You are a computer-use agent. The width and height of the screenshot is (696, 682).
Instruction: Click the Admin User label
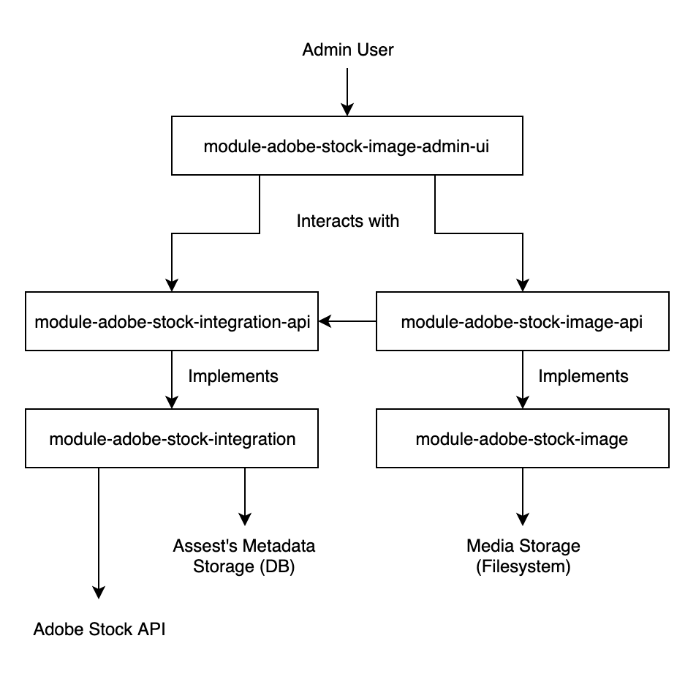click(348, 50)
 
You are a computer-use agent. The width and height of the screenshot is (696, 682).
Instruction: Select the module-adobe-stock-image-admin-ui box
click(347, 146)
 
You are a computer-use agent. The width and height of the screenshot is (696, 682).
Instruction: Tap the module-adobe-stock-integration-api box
click(171, 321)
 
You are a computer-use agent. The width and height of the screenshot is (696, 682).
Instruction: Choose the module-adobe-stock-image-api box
click(522, 321)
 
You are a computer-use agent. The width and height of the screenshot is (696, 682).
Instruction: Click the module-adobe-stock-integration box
click(171, 438)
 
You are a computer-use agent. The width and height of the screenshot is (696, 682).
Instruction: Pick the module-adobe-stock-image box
click(522, 438)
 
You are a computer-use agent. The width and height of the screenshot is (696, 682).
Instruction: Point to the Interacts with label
click(348, 220)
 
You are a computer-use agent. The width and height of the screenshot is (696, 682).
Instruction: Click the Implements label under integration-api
click(233, 376)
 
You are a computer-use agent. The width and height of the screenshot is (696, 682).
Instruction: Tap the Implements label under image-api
click(583, 376)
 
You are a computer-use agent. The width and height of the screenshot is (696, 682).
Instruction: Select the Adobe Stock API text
click(99, 629)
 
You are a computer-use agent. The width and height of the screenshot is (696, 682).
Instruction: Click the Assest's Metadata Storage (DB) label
click(244, 556)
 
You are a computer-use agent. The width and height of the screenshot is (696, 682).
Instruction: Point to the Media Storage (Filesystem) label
click(523, 556)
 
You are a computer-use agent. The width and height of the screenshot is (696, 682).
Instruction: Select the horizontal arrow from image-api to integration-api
click(347, 321)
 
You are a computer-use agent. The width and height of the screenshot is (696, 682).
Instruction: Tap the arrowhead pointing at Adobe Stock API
click(99, 591)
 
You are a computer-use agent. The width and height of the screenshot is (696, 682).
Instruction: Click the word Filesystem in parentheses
click(523, 567)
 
